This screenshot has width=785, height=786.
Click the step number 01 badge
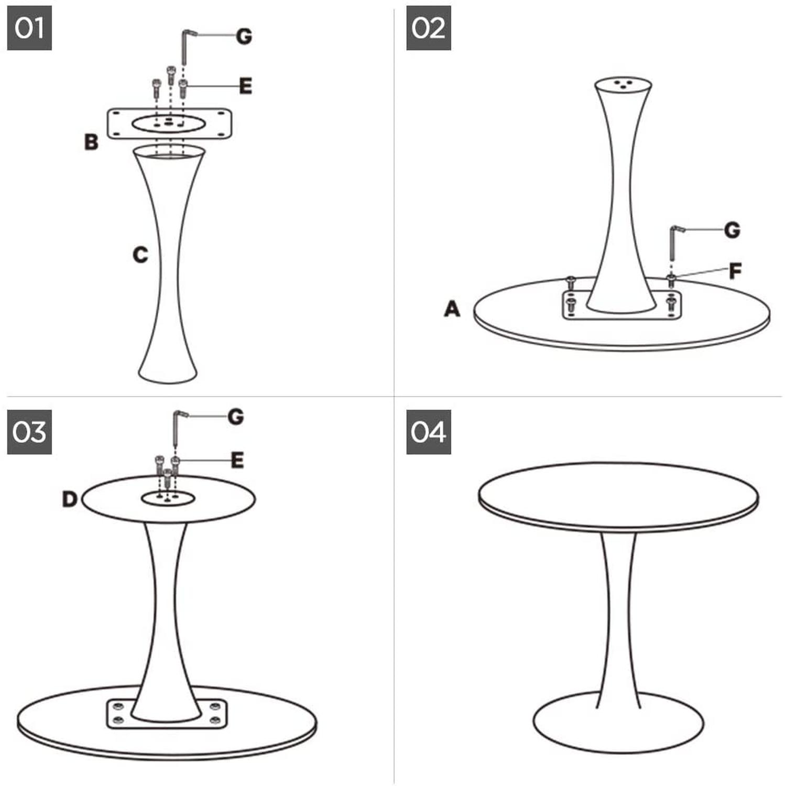(x=29, y=28)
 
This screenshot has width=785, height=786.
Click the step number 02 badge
(x=429, y=28)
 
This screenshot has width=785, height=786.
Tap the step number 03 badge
(x=29, y=432)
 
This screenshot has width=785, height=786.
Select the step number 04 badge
(x=429, y=432)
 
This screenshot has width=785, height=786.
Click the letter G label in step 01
(x=244, y=36)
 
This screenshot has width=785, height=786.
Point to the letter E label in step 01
(x=245, y=86)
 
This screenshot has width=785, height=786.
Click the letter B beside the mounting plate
(x=91, y=142)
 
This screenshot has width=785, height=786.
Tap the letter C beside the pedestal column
(x=140, y=255)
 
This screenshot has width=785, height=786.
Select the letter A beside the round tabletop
(x=452, y=309)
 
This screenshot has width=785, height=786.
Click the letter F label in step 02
(x=735, y=271)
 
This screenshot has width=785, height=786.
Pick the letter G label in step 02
(x=732, y=230)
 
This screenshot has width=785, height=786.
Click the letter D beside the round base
(x=70, y=499)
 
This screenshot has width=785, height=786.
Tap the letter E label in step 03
(x=237, y=460)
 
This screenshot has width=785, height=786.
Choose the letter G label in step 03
(x=236, y=417)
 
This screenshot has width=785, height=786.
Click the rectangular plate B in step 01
(x=169, y=124)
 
